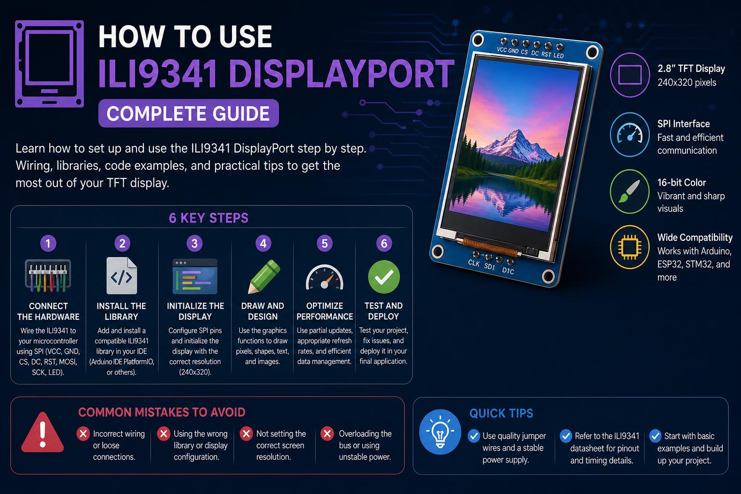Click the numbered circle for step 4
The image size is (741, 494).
coord(263,244)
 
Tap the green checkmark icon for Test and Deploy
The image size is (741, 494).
coord(384,277)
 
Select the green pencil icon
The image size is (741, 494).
coord(264,276)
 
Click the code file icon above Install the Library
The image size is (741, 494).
coord(122,275)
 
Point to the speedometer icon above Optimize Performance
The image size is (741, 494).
coord(325,277)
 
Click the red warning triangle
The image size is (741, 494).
coord(42,432)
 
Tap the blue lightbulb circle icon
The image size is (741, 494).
coord(440,432)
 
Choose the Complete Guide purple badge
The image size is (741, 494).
coord(189,113)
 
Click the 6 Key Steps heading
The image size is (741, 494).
coord(208,218)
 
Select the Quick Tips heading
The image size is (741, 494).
coord(501,413)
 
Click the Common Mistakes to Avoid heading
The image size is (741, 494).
coord(162,412)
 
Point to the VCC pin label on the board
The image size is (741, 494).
coord(502,50)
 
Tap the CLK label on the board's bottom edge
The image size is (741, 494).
coord(474,263)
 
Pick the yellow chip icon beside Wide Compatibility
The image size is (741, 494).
coord(630,247)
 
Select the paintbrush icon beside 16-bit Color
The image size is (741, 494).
coord(630,191)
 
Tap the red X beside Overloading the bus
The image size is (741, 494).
coord(327,433)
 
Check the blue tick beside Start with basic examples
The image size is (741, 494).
coord(655,436)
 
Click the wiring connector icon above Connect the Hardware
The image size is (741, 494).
coord(48,275)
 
